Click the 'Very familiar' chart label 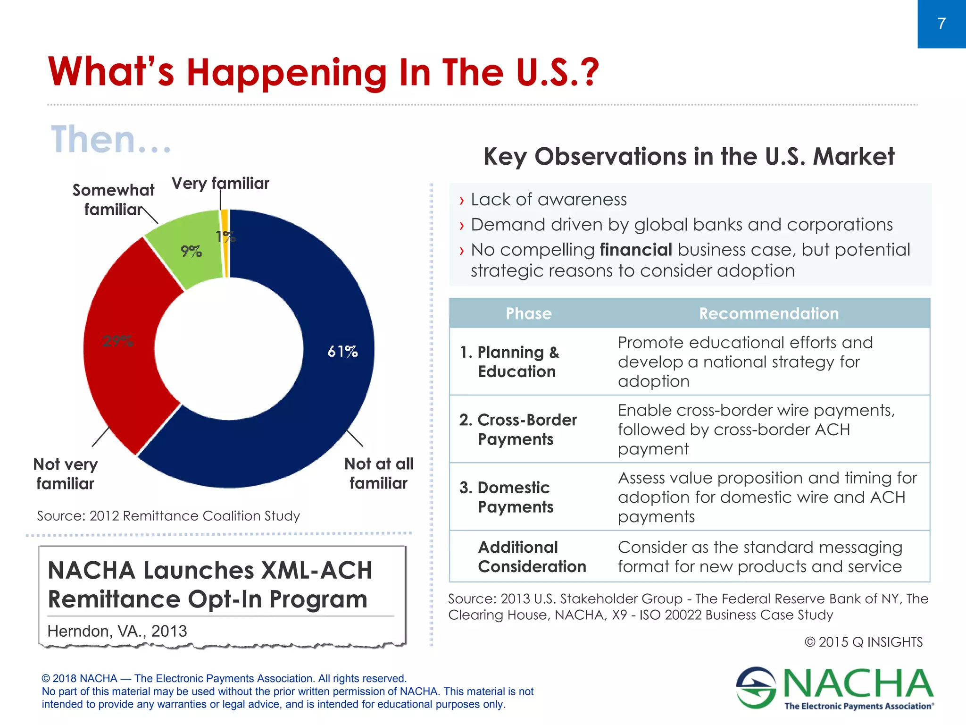tap(220, 183)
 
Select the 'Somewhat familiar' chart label tap(113, 200)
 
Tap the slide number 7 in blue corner tap(941, 24)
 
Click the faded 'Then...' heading tap(111, 140)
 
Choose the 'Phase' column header tap(528, 313)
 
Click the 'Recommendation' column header tap(769, 313)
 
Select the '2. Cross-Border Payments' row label tap(517, 429)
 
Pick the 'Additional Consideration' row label tap(532, 556)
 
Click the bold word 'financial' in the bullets tap(635, 250)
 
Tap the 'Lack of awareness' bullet tap(549, 200)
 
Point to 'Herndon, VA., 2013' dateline tap(117, 631)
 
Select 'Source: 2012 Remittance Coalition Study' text tap(168, 516)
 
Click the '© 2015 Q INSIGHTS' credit tap(863, 642)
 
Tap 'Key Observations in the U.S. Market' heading tap(689, 156)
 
